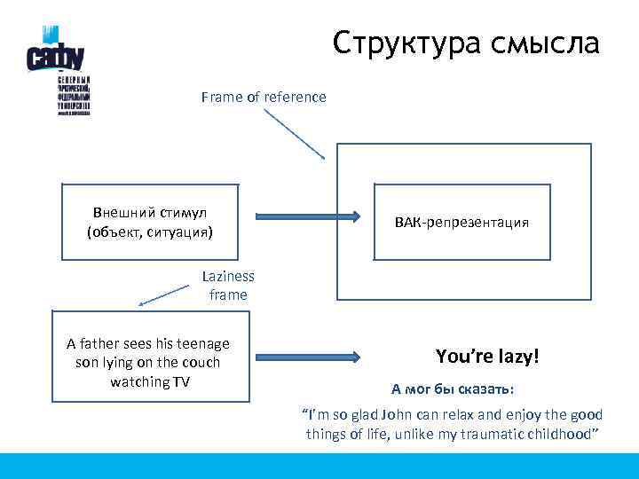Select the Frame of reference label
click(x=264, y=97)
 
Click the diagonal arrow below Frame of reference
click(x=295, y=133)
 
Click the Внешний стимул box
click(x=150, y=223)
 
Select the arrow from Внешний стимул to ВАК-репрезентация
click(x=306, y=216)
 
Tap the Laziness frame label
click(x=228, y=286)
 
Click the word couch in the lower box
click(x=201, y=362)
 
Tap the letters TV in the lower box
click(x=181, y=381)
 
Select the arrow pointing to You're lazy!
click(x=306, y=357)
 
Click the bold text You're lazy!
click(x=487, y=357)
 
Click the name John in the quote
click(x=411, y=414)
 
